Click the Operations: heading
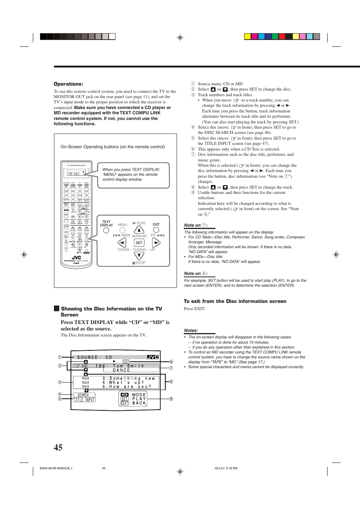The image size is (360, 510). [x=68, y=84]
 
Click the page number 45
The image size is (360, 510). [x=58, y=447]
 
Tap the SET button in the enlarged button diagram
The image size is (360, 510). [x=139, y=243]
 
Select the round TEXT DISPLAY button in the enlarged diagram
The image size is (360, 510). [x=106, y=230]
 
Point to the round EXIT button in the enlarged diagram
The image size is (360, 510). [x=156, y=230]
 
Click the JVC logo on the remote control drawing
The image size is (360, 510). [x=76, y=258]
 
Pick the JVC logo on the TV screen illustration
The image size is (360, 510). [x=153, y=357]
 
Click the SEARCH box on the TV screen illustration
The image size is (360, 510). [x=83, y=395]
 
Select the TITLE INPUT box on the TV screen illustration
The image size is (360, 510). [x=84, y=400]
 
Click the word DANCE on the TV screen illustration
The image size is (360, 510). [x=121, y=370]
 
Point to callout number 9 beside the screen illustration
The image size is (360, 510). [x=171, y=399]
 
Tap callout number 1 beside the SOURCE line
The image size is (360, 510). [x=60, y=357]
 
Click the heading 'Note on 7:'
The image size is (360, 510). [x=195, y=225]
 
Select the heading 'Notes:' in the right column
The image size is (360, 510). [x=191, y=330]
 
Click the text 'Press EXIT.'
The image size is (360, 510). [x=194, y=309]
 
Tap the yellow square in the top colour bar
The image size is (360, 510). [x=248, y=37]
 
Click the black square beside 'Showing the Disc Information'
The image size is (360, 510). [x=57, y=309]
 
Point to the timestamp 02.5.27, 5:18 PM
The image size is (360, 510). [x=226, y=468]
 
